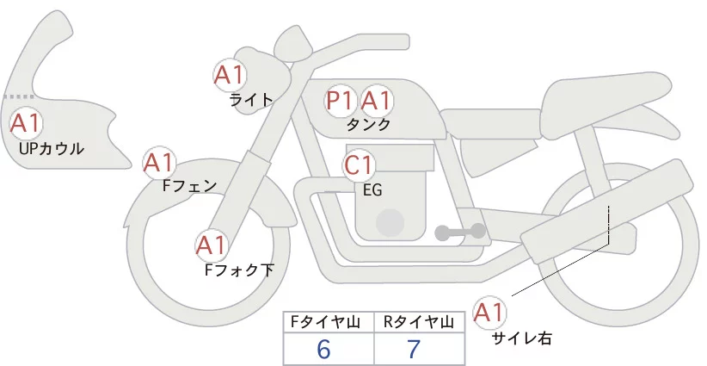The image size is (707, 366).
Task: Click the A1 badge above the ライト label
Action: pos(230,75)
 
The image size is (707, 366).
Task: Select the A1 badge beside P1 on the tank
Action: pos(376,101)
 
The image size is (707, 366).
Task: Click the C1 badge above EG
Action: pos(360,164)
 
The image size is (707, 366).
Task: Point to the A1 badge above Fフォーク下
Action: pos(212,246)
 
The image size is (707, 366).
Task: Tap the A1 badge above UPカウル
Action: pos(25,123)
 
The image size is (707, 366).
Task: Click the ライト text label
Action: pos(251,99)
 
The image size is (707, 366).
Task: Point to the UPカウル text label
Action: pos(51,149)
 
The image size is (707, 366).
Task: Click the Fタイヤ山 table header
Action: pos(329,322)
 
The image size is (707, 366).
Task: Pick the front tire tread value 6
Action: pos(323,350)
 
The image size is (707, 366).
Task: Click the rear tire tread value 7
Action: pos(413,350)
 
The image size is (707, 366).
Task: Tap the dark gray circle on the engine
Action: pos(390,223)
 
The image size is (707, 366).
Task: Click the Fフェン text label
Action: pos(189,184)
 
